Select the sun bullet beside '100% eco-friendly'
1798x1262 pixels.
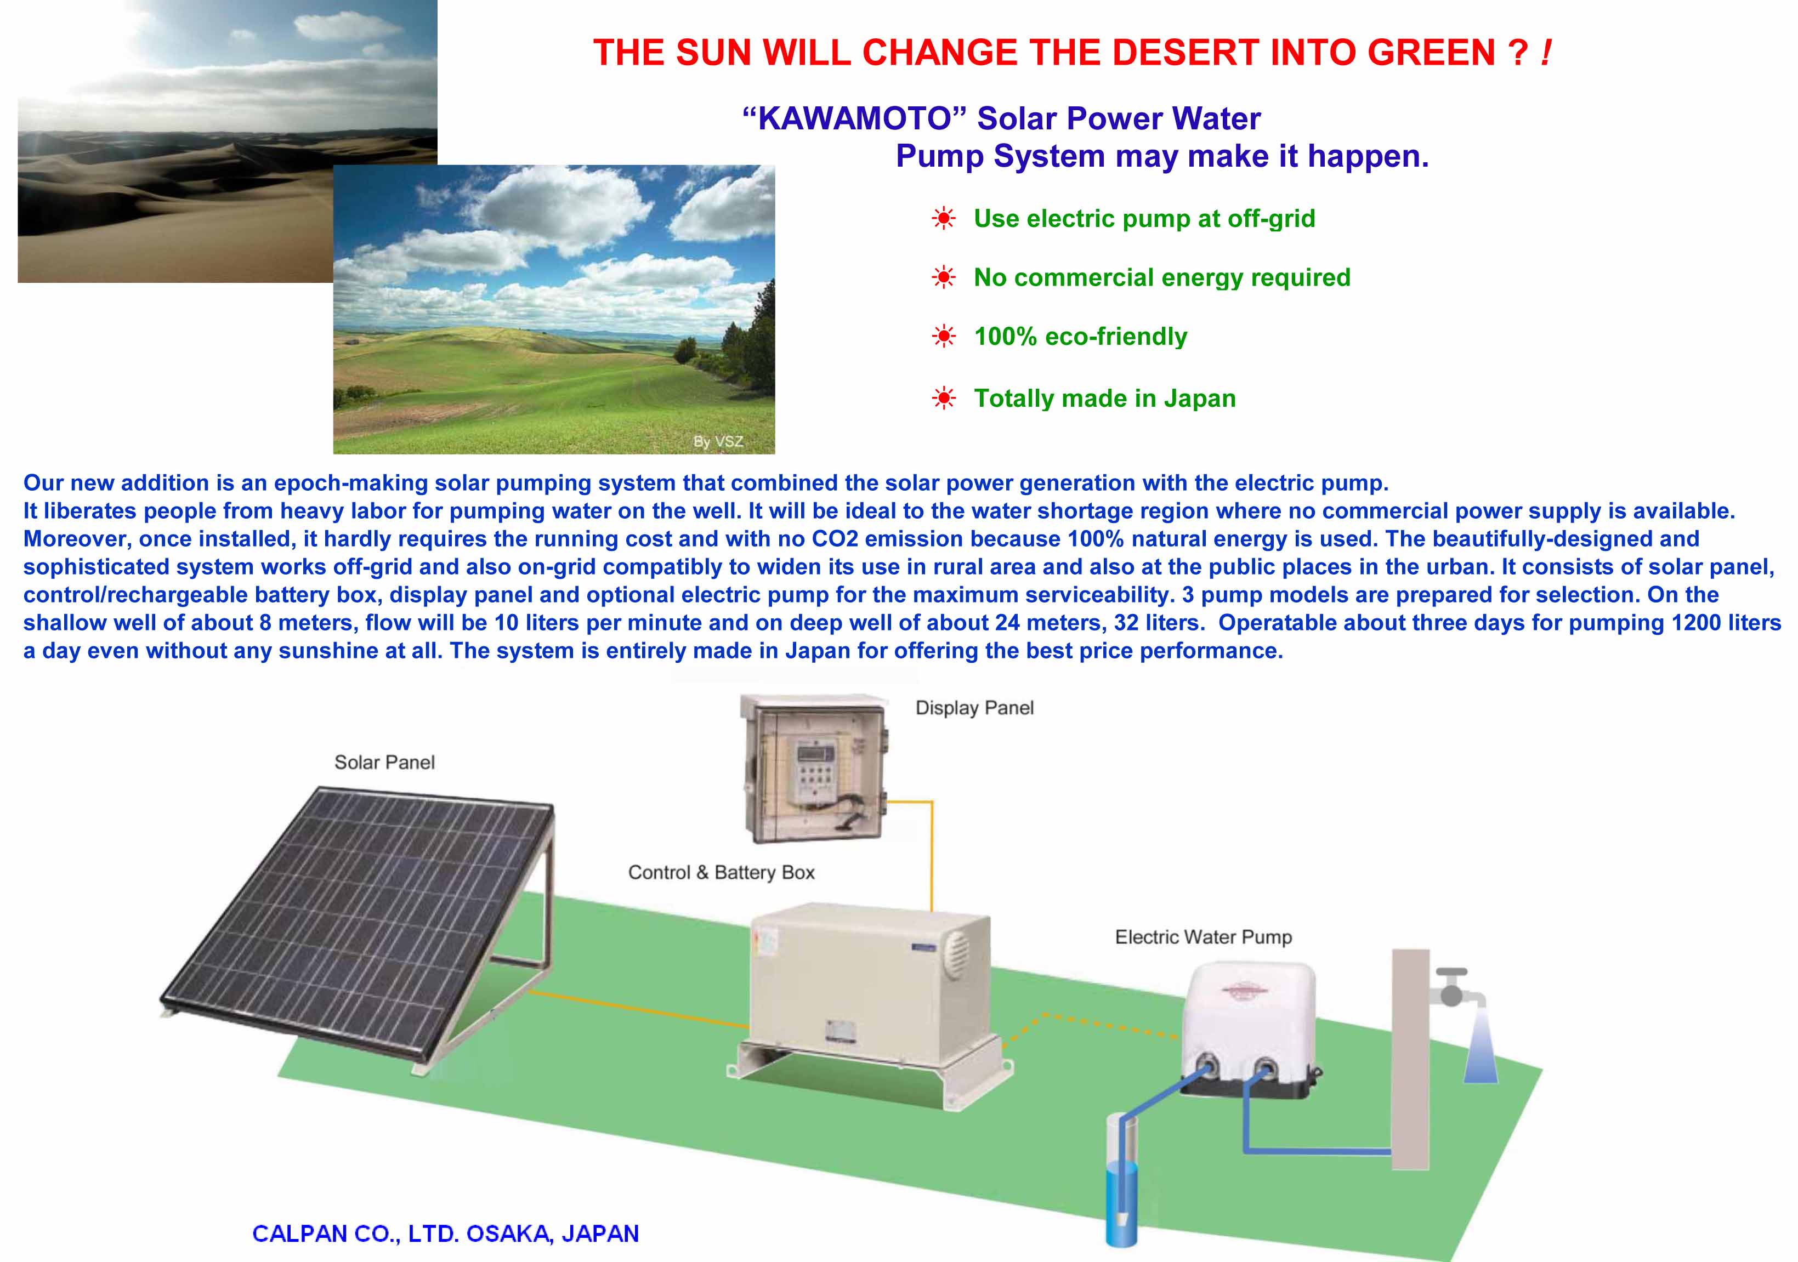944,337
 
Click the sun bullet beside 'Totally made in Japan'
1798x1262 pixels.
944,399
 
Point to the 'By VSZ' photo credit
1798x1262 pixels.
718,441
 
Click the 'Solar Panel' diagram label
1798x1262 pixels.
384,763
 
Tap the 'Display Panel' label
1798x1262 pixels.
974,708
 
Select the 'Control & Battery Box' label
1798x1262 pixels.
721,872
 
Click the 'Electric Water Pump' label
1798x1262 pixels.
1204,937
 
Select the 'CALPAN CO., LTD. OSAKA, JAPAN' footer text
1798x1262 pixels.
446,1234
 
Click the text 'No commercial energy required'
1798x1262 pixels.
1162,277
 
